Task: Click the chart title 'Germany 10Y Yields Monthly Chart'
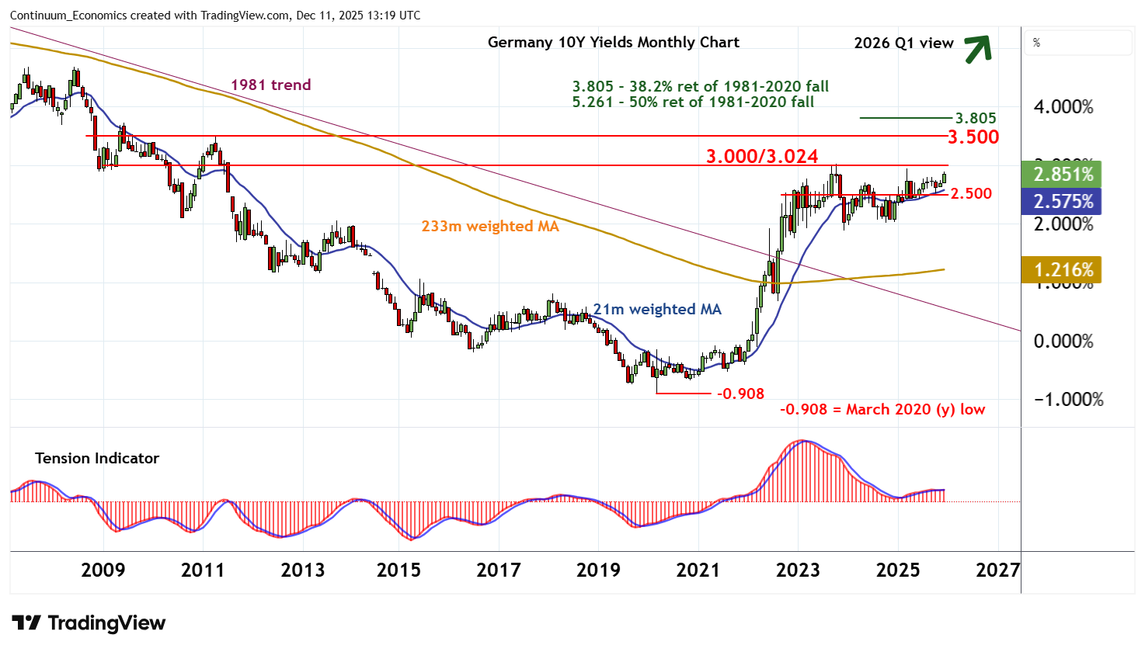click(613, 43)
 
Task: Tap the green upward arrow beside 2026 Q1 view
click(977, 48)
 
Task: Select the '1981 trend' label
click(270, 85)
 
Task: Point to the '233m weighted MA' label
click(489, 227)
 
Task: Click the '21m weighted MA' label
click(657, 310)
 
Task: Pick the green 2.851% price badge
click(1063, 174)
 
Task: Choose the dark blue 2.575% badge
click(1063, 202)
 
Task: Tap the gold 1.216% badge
click(1063, 270)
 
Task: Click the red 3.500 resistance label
click(973, 137)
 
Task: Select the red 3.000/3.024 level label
click(761, 157)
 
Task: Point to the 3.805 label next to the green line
click(975, 119)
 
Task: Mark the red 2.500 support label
click(971, 194)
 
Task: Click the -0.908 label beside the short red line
click(740, 394)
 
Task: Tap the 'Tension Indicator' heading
click(97, 459)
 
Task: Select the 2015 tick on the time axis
click(398, 570)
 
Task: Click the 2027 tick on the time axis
click(997, 570)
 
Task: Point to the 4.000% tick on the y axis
click(1063, 107)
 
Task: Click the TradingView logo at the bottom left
click(89, 623)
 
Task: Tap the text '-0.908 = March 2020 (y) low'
click(882, 410)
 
